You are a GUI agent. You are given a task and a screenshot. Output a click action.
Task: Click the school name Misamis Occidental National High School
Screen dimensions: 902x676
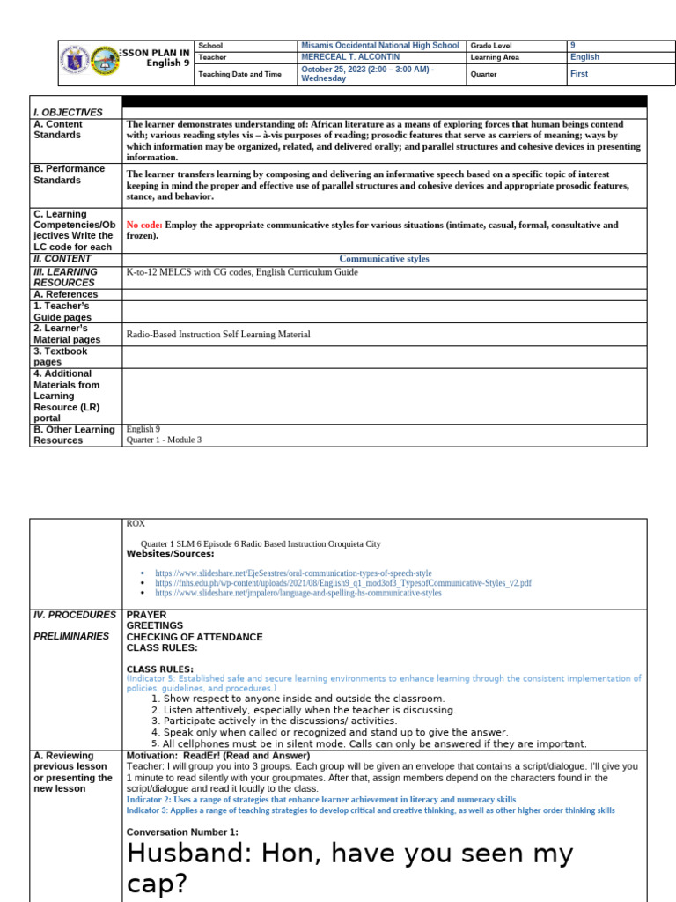379,45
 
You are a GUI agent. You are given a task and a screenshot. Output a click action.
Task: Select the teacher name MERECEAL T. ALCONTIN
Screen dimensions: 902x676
350,57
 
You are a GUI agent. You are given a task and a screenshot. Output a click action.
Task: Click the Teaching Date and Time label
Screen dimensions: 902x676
239,75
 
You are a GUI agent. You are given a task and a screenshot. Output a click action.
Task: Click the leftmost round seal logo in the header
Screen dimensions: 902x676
75,62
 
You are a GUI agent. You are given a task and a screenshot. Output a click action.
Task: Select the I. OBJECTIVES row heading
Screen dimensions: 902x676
69,113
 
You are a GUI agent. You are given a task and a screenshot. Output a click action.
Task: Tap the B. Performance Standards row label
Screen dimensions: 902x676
69,174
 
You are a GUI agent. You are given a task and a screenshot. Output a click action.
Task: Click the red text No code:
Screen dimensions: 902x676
144,225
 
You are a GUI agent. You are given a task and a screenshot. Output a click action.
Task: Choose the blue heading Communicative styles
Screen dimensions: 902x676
385,259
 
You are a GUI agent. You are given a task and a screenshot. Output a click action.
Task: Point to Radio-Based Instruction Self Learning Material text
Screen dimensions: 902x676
218,335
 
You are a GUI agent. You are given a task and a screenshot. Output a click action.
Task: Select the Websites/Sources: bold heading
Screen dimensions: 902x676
170,554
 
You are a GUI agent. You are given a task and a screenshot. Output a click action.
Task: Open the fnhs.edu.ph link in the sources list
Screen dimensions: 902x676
343,583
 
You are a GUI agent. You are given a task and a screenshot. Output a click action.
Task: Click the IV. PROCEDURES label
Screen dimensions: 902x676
74,615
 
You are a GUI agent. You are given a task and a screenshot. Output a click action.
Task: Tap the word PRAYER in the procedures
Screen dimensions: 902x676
146,615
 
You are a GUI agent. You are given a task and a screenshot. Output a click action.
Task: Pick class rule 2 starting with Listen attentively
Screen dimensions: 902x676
303,710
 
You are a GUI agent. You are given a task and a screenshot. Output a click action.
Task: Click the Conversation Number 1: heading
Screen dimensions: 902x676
182,832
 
